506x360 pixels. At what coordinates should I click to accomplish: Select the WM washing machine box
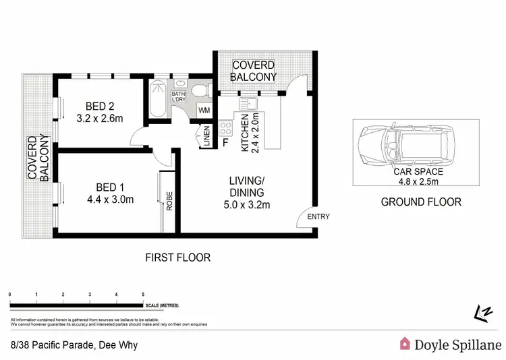(204, 111)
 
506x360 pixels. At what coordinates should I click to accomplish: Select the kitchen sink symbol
(247, 103)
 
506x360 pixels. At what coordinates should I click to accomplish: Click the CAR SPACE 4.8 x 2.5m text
(418, 177)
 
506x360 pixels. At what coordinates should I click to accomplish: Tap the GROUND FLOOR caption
(421, 202)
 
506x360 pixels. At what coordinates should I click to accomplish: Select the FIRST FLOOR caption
(178, 258)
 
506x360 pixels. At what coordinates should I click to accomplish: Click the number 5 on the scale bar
(143, 295)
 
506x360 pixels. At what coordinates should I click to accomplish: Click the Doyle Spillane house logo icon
(405, 343)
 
